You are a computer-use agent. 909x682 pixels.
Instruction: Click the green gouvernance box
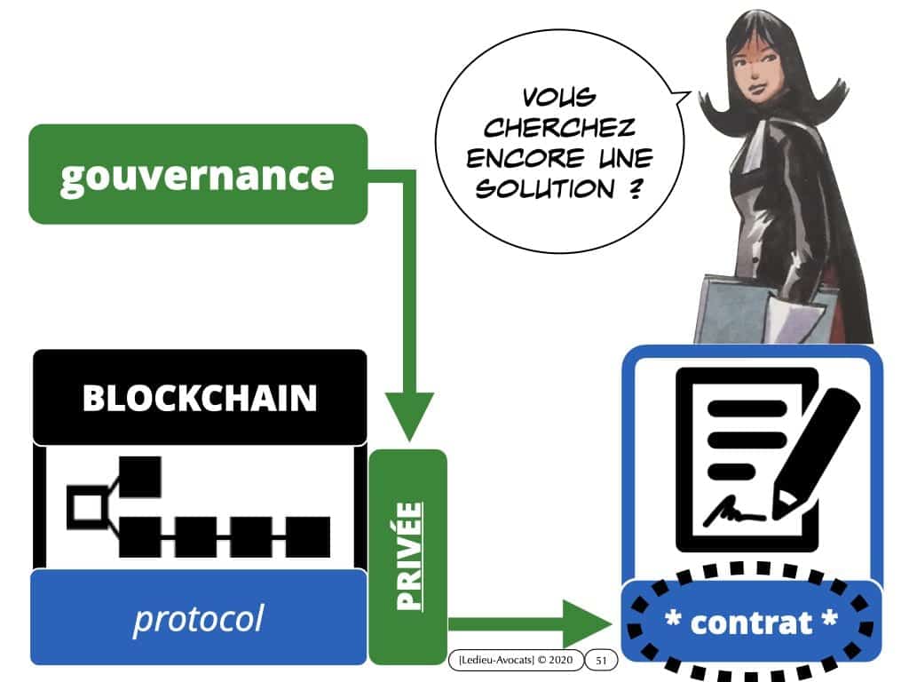[197, 174]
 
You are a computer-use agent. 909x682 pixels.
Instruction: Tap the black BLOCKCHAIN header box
[199, 398]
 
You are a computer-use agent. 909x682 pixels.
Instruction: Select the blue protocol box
[199, 618]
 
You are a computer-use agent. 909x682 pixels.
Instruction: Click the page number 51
[601, 660]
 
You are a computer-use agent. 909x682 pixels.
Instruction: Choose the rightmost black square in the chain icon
[308, 538]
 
